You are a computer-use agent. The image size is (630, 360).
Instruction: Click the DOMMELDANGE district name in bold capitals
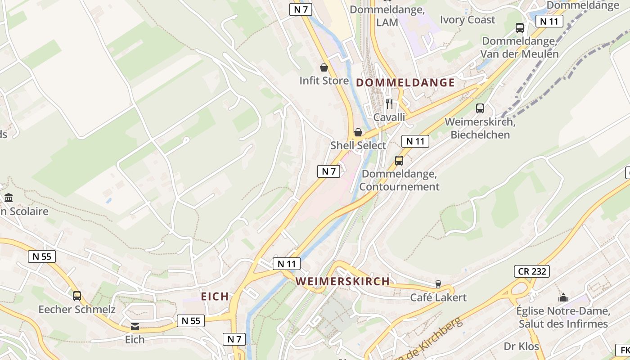(405, 83)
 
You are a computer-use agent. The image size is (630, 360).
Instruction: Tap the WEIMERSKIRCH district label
(342, 282)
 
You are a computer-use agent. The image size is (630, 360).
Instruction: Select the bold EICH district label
(215, 297)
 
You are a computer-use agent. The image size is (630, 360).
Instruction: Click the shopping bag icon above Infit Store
(324, 68)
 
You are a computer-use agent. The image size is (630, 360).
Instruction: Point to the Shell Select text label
(358, 145)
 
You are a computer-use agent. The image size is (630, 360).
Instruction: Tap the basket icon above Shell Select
(358, 132)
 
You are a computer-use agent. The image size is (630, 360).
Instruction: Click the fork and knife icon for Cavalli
(389, 104)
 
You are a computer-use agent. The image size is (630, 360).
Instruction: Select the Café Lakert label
(438, 297)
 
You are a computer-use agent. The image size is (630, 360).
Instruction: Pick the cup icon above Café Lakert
(438, 284)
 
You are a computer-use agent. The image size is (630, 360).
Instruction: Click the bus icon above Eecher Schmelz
(77, 296)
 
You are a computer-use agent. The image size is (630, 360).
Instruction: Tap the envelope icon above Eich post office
(135, 326)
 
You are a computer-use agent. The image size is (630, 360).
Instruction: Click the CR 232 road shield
(531, 271)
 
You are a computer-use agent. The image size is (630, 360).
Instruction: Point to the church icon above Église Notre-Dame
(563, 297)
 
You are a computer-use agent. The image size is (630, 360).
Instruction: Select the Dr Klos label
(521, 346)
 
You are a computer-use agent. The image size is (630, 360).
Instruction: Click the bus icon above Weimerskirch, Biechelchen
(480, 108)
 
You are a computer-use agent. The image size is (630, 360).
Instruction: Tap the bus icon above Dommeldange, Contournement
(399, 161)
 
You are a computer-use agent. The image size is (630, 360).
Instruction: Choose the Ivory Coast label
(467, 20)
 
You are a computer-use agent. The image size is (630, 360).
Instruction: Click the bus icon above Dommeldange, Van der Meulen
(520, 28)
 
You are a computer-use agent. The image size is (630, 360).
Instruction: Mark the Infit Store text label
(324, 81)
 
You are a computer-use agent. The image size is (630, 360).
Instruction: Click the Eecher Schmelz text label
(77, 310)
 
